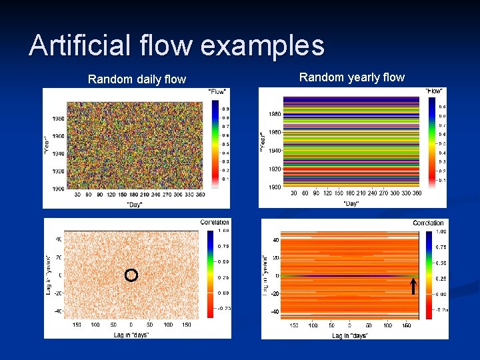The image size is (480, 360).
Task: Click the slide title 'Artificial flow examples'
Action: tap(177, 46)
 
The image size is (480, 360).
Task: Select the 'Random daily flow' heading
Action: tap(137, 79)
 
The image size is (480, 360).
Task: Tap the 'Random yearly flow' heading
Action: tap(351, 77)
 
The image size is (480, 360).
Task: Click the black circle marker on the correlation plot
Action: tap(131, 275)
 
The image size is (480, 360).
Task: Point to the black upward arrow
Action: tap(413, 286)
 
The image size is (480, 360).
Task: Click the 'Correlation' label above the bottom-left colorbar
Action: tap(214, 223)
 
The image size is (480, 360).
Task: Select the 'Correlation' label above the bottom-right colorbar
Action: tap(428, 223)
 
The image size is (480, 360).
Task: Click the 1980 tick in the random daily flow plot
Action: tap(58, 119)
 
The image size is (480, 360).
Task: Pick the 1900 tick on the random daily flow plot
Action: tap(58, 189)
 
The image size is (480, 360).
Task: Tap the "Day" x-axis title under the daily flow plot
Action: tap(136, 203)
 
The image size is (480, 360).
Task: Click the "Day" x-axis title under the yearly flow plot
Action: tap(351, 203)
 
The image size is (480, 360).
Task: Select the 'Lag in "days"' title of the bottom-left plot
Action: tap(131, 335)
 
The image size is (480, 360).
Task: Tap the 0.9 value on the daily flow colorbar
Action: tap(225, 109)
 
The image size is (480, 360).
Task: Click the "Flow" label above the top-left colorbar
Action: tap(217, 91)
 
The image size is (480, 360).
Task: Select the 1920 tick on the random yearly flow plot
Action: tap(274, 170)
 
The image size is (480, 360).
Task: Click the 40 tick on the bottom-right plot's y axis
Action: tap(275, 241)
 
